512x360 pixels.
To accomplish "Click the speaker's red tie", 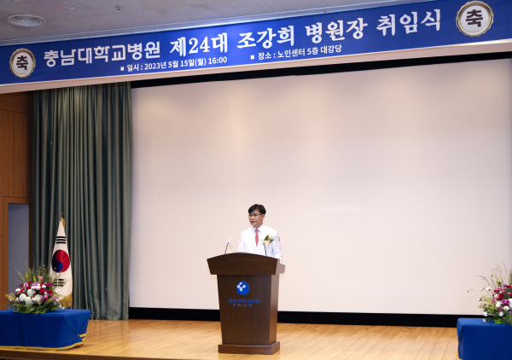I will click(257, 236).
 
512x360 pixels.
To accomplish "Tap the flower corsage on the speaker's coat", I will click(268, 241).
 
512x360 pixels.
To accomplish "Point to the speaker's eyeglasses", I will click(255, 215).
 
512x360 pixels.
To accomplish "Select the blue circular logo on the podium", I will click(242, 287).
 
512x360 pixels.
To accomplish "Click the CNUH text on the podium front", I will click(242, 303).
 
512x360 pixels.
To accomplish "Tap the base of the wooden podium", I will click(247, 347).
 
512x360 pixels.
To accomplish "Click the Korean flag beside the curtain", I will click(61, 260).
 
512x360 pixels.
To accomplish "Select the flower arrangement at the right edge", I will click(497, 296).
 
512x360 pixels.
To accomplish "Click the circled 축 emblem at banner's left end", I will click(22, 62).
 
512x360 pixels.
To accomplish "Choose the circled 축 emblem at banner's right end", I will click(474, 18).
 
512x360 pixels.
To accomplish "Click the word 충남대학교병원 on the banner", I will click(102, 55).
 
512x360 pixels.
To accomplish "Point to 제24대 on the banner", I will click(198, 44).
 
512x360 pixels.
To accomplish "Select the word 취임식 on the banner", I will click(409, 22).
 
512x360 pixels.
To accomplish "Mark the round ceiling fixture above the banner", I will click(26, 20).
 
